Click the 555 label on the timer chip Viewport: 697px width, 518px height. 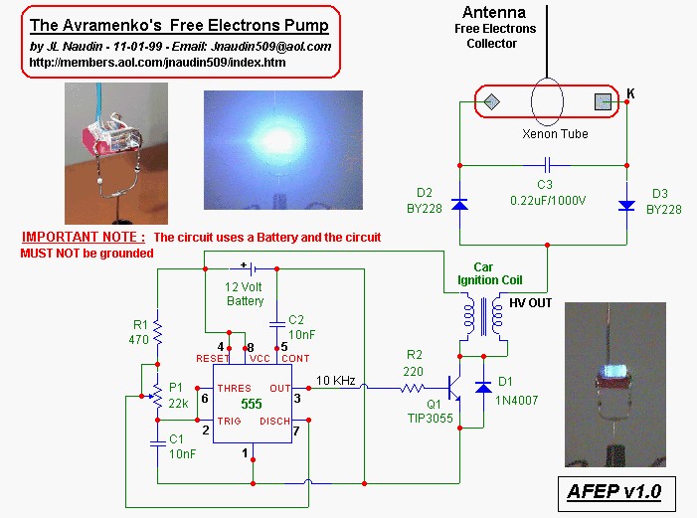pos(252,404)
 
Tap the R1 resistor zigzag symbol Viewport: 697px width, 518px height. pos(157,332)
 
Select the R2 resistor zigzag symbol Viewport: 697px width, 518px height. pos(412,389)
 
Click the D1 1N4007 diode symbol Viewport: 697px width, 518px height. pos(483,388)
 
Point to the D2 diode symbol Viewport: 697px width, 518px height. pos(459,205)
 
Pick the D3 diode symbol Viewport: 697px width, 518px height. pos(626,206)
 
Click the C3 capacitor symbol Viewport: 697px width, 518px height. pos(548,165)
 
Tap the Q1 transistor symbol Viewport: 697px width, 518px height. pos(454,389)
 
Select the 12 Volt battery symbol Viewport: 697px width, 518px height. pos(252,268)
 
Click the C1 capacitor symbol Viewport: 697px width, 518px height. pos(157,443)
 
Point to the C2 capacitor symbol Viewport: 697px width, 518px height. pos(277,324)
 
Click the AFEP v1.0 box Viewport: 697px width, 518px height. pos(616,493)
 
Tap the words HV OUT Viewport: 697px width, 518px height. pos(530,303)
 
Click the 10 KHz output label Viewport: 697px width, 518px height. pos(336,381)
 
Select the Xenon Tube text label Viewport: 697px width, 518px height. pos(555,134)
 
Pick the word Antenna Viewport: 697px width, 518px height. pos(494,12)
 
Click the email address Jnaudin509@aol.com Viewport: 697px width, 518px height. pos(270,47)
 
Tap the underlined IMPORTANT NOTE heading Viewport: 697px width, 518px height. pos(84,237)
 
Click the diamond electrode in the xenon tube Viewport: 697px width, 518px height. pos(491,101)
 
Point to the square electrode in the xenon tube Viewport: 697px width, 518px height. pos(604,101)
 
